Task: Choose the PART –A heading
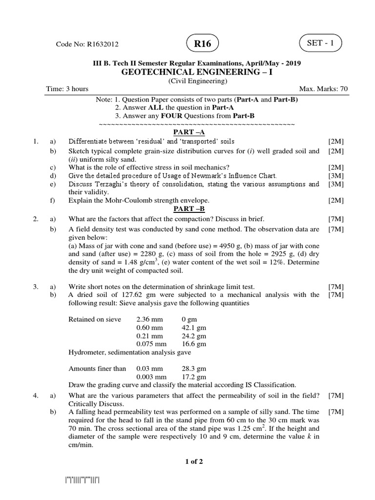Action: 189,132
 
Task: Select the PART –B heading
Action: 189,209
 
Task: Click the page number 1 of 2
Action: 194,462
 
